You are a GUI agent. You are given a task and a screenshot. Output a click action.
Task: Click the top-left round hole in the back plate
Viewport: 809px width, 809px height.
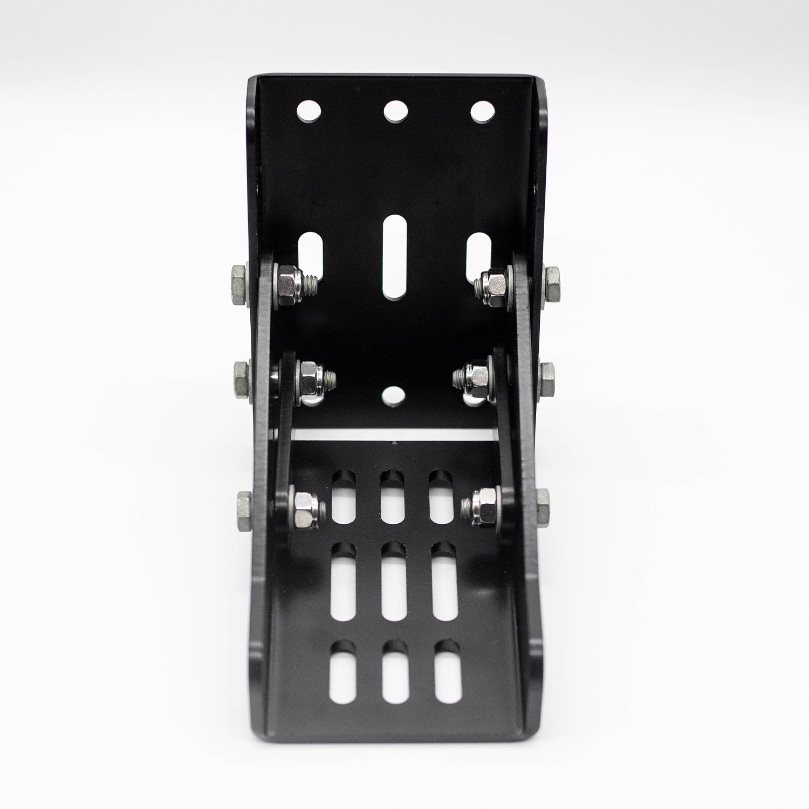click(309, 111)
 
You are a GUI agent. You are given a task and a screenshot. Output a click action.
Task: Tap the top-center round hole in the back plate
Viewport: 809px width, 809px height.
click(395, 111)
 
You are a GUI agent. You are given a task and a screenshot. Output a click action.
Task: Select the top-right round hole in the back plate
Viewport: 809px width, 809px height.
click(483, 111)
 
